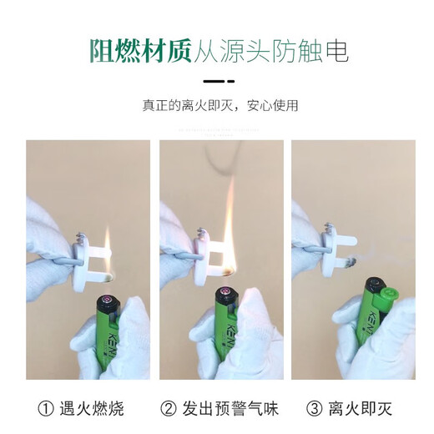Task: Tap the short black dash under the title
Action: coord(210,83)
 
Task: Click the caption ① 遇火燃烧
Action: coord(81,408)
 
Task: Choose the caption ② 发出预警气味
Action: coord(218,408)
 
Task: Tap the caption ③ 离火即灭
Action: coord(350,408)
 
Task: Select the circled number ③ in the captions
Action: coord(315,408)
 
